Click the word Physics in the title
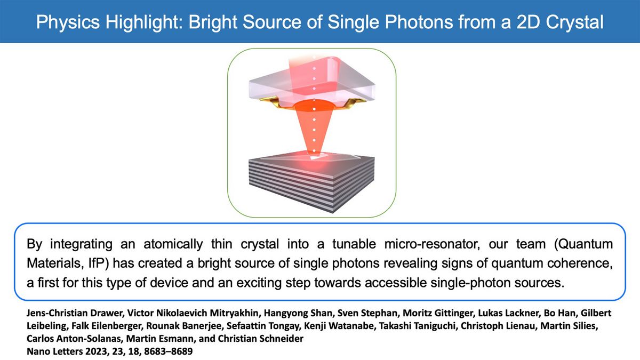68,22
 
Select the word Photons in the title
419,22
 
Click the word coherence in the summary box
580,263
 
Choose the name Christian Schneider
261,339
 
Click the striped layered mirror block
311,183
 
